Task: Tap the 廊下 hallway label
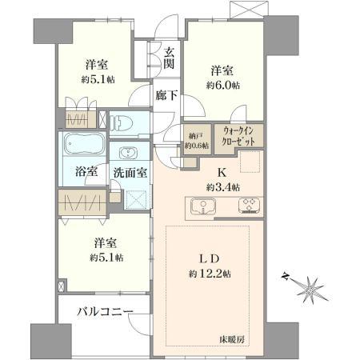[167, 95]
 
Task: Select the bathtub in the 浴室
[84, 144]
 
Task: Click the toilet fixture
[122, 123]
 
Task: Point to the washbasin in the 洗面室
[129, 153]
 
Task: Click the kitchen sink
[203, 206]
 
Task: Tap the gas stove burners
[249, 206]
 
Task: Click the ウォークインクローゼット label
[238, 136]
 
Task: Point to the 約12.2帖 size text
[210, 274]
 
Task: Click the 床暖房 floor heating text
[232, 340]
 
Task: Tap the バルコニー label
[105, 311]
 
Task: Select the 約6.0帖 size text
[222, 86]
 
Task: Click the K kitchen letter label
[222, 173]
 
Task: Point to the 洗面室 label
[130, 173]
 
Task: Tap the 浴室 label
[86, 171]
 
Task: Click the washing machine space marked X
[136, 199]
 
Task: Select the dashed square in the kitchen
[250, 162]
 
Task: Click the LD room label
[210, 258]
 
